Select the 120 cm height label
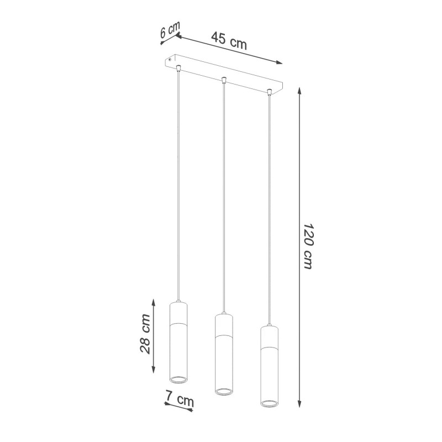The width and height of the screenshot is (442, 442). tap(308, 246)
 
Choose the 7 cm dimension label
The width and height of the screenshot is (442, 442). tap(180, 399)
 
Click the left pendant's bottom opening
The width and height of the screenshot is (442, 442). tap(179, 380)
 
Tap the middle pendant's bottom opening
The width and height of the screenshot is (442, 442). tap(223, 392)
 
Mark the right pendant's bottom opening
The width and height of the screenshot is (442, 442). tap(269, 402)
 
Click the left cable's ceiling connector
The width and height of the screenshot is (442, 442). tap(178, 69)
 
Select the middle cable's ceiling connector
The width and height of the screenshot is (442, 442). tap(223, 80)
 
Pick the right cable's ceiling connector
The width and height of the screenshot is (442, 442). tap(269, 92)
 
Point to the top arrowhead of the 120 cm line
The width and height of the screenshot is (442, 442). tap(300, 89)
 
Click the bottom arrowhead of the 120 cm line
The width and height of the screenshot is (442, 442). tap(300, 404)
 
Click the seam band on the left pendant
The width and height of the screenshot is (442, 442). tap(179, 323)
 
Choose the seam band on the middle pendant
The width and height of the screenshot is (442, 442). tap(223, 335)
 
